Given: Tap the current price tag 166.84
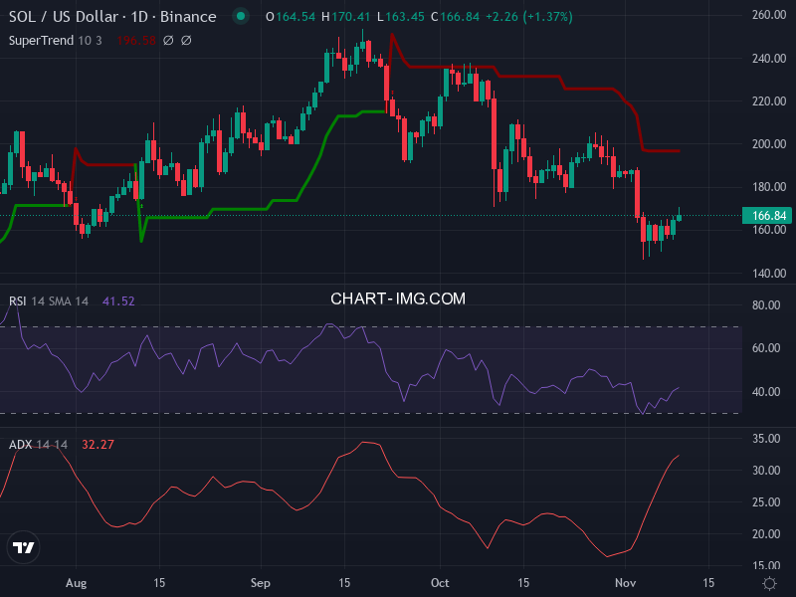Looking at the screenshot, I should (765, 216).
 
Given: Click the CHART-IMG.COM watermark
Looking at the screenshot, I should (398, 298).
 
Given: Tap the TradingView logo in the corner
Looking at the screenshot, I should (24, 547).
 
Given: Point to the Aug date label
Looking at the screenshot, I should (76, 582).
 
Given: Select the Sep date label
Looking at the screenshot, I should (260, 582).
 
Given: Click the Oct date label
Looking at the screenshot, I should (440, 582).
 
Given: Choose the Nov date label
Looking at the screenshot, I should (626, 582).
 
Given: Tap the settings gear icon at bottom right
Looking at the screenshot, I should (769, 582).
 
